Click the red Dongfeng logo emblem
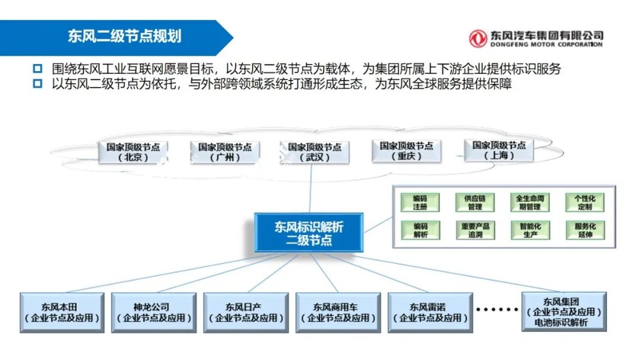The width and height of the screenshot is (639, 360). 477,38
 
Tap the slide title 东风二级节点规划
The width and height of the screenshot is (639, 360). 124,36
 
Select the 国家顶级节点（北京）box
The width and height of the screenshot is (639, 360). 133,152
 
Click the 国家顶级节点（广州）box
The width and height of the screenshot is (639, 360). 225,152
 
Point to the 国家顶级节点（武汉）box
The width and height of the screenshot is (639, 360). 314,152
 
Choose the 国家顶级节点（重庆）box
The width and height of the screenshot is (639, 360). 406,151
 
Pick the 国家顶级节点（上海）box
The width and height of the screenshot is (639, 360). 499,150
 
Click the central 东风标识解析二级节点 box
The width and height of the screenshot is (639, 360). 308,233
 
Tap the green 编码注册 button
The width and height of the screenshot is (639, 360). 420,202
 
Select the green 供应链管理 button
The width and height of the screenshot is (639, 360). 475,202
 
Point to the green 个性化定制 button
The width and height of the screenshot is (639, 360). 585,202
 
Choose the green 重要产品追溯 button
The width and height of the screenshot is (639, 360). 475,230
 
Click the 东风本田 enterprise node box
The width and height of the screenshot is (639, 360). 62,313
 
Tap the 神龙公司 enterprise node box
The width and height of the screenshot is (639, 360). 154,313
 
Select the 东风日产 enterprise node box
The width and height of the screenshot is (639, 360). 246,313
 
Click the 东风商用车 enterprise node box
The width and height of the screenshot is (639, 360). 338,313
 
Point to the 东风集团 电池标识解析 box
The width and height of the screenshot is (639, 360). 564,311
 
